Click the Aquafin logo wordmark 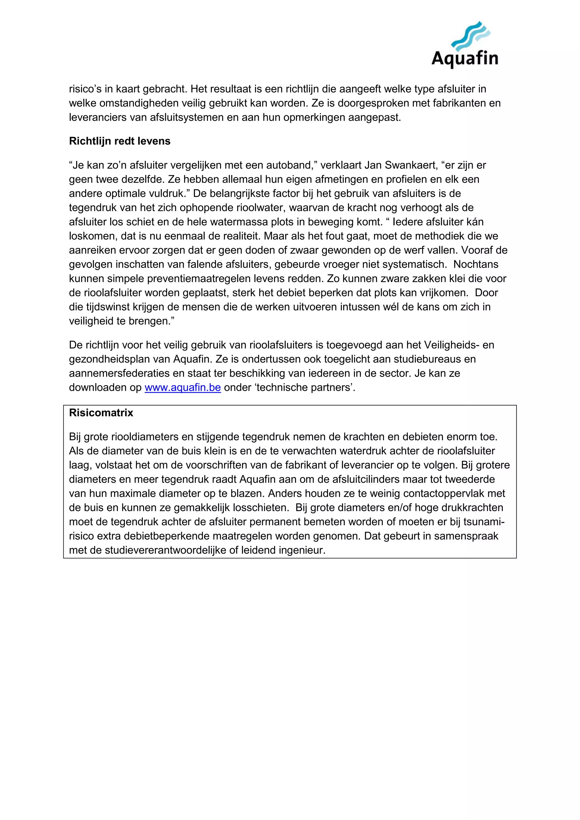pyautogui.click(x=465, y=58)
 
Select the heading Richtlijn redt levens pyautogui.click(x=120, y=141)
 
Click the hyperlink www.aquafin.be pyautogui.click(x=182, y=388)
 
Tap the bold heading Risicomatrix pyautogui.click(x=101, y=413)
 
